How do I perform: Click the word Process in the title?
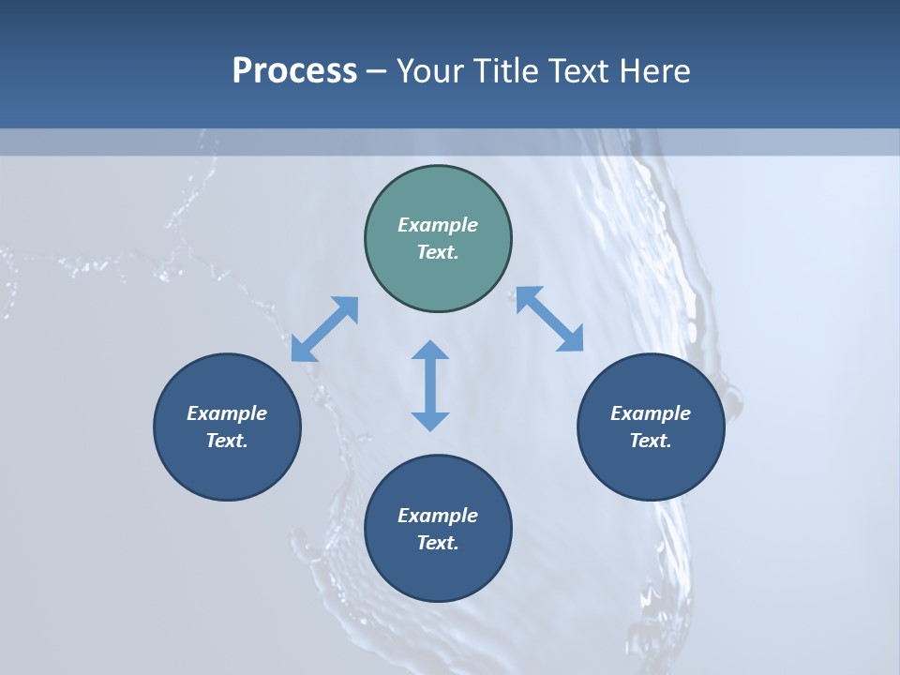294,71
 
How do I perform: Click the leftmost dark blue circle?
227,469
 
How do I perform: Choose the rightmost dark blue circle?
651,469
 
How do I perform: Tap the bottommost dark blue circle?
438,572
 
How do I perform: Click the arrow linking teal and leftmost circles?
325,329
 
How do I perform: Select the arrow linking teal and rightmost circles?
549,319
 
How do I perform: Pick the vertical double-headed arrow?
430,385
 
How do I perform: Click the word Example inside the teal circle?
438,225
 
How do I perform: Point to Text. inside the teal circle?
438,252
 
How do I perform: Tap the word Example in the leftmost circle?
227,413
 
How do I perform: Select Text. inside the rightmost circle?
651,441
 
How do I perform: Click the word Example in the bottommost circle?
438,516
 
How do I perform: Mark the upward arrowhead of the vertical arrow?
430,350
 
